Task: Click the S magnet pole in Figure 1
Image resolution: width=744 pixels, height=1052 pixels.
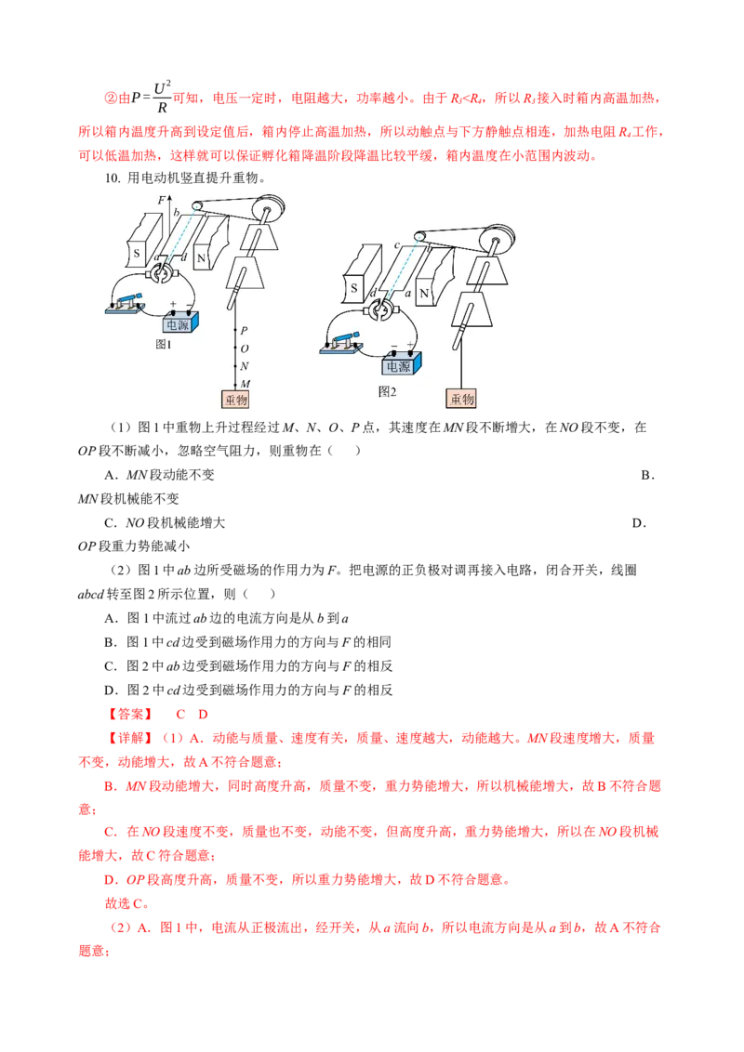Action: tap(144, 240)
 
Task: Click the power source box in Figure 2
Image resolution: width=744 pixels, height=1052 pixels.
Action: tap(402, 364)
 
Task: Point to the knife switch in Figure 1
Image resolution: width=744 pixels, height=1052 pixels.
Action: tap(126, 303)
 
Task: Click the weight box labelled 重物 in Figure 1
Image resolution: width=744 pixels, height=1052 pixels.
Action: tap(235, 400)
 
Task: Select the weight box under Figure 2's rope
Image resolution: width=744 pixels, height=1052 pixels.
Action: tap(461, 399)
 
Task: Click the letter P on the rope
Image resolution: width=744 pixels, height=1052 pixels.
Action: tap(244, 330)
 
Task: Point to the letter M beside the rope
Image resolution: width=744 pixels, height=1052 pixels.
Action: tap(246, 384)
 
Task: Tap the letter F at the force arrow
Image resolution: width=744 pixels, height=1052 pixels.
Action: tap(161, 200)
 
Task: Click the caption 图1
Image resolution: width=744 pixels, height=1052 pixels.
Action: tap(163, 344)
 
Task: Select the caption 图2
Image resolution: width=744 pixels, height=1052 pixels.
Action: tap(388, 392)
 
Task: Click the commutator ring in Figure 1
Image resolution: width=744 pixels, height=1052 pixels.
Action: tap(162, 273)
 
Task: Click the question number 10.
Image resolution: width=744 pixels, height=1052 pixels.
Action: tap(113, 178)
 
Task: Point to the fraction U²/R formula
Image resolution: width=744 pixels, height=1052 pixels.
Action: tap(162, 98)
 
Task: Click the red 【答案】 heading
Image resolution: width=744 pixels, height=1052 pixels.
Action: tap(130, 714)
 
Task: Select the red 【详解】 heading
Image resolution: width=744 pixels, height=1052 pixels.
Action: tap(130, 738)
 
